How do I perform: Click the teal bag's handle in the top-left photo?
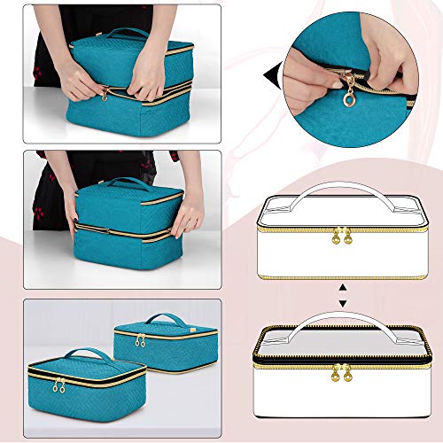(x=128, y=32)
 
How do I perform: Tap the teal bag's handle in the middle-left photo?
(x=129, y=182)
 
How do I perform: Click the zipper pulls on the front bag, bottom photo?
(x=58, y=385)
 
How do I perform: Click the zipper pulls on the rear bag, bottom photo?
(x=139, y=340)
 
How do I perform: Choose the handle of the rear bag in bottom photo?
(x=167, y=318)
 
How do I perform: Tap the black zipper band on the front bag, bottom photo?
(x=89, y=376)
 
